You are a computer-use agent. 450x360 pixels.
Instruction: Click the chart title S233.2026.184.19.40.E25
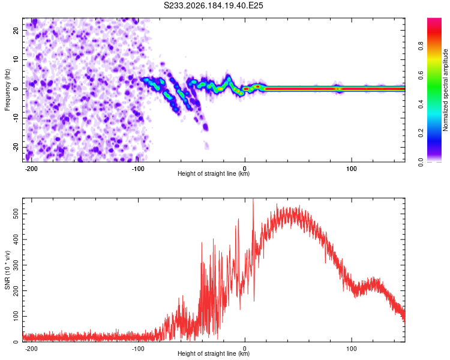pos(213,5)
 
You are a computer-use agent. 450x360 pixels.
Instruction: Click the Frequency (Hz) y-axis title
pos(7,90)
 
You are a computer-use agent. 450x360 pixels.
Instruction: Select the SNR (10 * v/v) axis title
pos(7,270)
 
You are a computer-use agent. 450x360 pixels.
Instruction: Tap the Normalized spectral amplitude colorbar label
pos(445,90)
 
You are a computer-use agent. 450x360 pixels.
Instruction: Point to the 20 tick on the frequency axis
pos(16,30)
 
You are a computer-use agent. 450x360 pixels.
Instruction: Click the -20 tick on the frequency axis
pos(16,148)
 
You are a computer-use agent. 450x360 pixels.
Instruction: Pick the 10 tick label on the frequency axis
pos(16,59)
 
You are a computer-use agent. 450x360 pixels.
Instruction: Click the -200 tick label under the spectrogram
pos(31,169)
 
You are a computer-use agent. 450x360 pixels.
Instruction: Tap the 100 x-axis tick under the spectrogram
pos(351,169)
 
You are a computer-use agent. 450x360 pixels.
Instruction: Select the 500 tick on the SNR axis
pos(16,214)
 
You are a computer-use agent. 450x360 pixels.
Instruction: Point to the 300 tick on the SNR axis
pos(16,265)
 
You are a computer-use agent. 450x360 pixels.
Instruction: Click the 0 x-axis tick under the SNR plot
pos(245,349)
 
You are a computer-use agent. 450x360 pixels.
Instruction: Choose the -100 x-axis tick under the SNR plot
pos(138,349)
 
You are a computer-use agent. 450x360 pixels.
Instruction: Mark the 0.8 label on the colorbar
pos(421,46)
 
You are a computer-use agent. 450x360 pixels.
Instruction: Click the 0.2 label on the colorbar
pos(421,133)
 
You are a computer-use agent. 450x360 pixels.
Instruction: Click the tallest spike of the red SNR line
pos(253,199)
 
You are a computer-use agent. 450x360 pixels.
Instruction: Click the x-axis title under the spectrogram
pos(214,173)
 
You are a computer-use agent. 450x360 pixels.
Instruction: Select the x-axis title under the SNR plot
pos(214,353)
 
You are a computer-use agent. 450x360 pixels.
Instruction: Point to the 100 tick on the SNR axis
pos(16,316)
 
